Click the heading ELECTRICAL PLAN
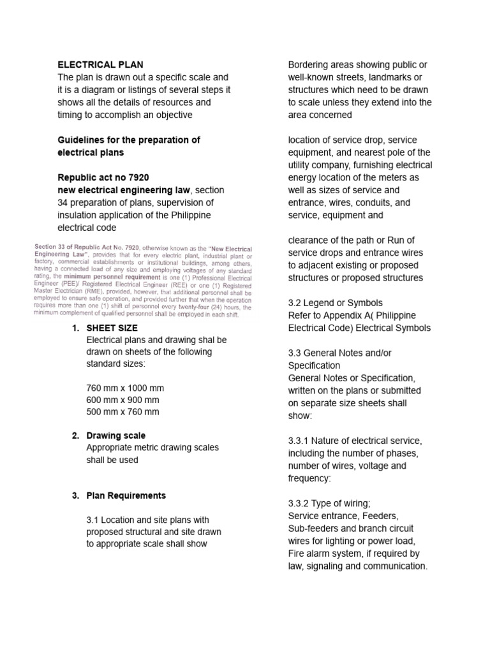pyautogui.click(x=101, y=64)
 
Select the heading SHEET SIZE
pyautogui.click(x=112, y=328)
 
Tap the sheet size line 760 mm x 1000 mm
pyautogui.click(x=125, y=388)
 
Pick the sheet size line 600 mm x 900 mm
pyautogui.click(x=122, y=400)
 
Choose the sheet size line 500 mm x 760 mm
pyautogui.click(x=122, y=412)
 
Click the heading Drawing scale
pyautogui.click(x=116, y=436)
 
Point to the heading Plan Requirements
pyautogui.click(x=126, y=495)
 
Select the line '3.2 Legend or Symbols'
pyautogui.click(x=336, y=303)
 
